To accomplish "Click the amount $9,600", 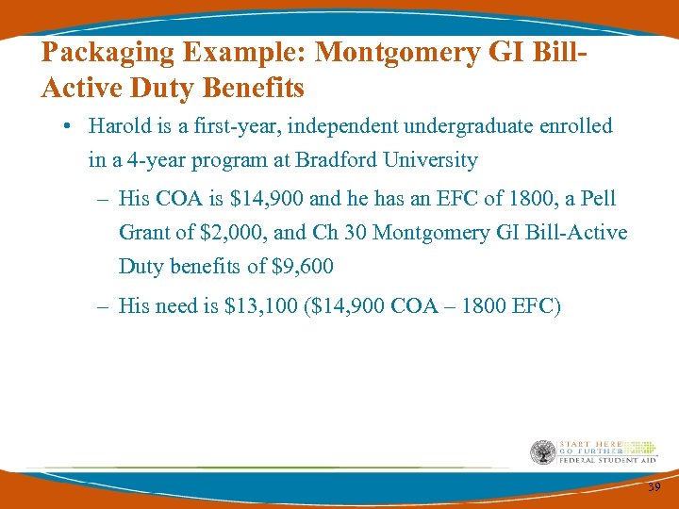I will coord(303,267).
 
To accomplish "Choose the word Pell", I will coord(599,199).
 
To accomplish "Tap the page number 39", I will coord(654,486).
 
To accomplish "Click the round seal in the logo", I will coord(543,452).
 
